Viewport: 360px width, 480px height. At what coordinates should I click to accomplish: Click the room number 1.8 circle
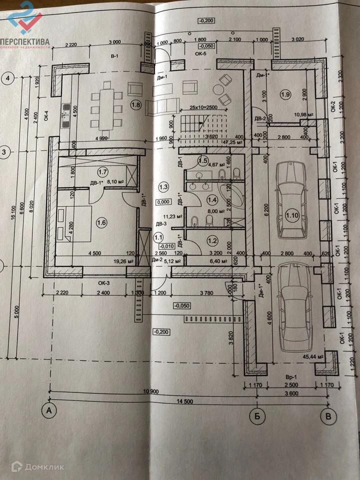135,104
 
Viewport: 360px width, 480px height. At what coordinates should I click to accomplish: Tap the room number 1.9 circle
285,94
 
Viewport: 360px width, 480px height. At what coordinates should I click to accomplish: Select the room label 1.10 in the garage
291,215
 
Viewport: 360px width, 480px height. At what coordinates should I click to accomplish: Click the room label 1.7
103,171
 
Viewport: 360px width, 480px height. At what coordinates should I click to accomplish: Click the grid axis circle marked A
49,410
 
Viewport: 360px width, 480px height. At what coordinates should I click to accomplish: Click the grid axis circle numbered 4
8,77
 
